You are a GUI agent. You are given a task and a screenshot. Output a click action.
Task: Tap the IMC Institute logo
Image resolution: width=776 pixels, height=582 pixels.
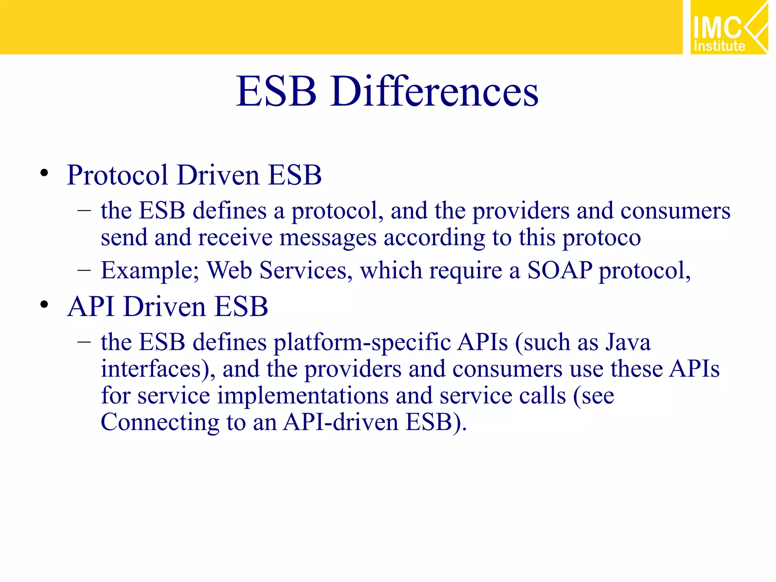[x=729, y=27]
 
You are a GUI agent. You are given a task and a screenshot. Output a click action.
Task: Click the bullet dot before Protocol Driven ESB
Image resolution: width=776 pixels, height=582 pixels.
[x=44, y=173]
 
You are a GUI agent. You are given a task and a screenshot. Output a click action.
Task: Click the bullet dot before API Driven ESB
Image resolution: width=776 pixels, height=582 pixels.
[x=44, y=304]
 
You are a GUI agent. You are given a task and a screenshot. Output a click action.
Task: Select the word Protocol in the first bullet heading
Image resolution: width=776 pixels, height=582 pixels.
[x=117, y=175]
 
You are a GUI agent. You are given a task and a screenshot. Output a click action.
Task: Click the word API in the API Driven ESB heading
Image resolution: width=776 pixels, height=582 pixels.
[x=91, y=306]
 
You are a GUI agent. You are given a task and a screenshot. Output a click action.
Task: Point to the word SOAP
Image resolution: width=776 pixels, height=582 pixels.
[x=560, y=270]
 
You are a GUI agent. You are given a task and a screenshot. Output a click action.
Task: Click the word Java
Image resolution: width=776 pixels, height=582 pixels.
[x=628, y=342]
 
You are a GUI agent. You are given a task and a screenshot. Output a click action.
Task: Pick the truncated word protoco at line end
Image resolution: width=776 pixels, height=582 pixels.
[x=601, y=238]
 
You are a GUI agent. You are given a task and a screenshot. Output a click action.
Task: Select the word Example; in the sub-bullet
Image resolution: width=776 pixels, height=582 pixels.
[x=150, y=270]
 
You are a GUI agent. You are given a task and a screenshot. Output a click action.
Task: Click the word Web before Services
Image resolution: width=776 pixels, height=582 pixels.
[x=229, y=270]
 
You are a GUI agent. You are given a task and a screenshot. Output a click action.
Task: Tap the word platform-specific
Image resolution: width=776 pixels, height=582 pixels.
[x=362, y=342]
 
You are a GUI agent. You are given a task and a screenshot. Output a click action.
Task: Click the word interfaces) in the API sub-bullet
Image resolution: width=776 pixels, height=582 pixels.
[x=158, y=368]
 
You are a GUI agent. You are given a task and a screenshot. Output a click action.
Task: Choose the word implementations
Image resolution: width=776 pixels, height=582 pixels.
[x=303, y=395]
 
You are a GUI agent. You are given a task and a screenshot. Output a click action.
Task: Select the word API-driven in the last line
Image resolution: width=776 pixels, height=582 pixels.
[x=341, y=422]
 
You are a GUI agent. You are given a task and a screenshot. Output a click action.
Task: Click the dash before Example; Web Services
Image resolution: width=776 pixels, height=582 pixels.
[x=84, y=270]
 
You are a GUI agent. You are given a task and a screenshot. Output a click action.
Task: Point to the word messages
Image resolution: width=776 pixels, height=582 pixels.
[x=328, y=238]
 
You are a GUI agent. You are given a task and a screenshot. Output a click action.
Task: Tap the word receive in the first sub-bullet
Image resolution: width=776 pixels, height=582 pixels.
[x=235, y=238]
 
